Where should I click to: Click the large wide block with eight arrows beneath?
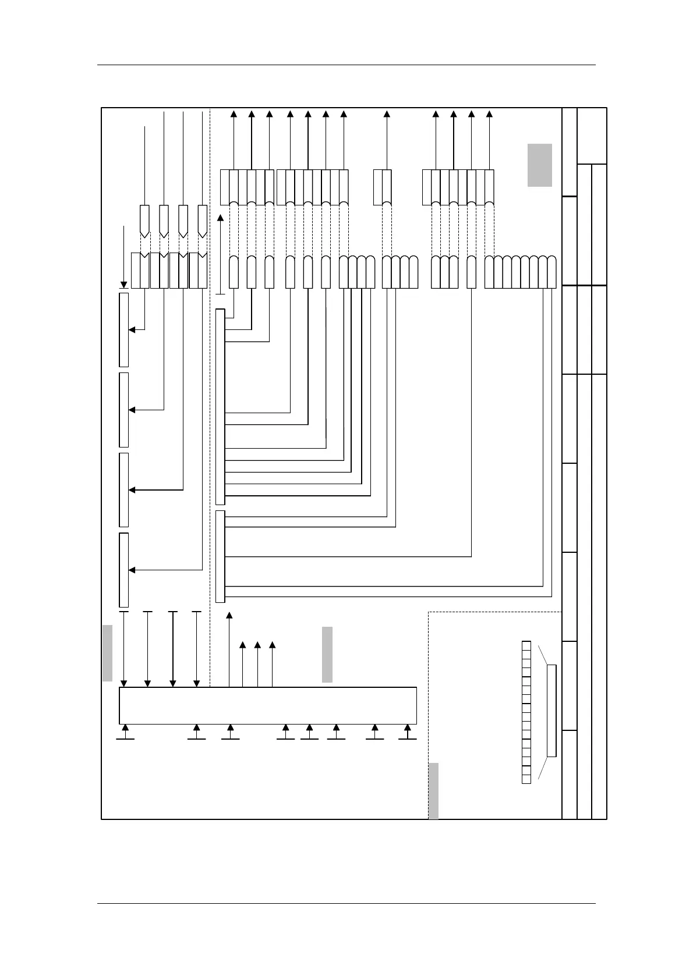(268, 705)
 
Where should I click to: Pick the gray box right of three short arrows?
(327, 654)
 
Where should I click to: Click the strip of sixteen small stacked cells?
(526, 712)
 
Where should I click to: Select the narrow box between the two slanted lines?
(551, 711)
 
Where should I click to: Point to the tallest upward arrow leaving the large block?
(229, 649)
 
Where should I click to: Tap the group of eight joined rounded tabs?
(521, 272)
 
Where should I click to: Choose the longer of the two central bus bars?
(220, 407)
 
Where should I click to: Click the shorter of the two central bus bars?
(220, 556)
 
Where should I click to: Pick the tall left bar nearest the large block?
(123, 570)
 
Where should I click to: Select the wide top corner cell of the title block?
(592, 136)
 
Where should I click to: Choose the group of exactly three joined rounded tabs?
(444, 272)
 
